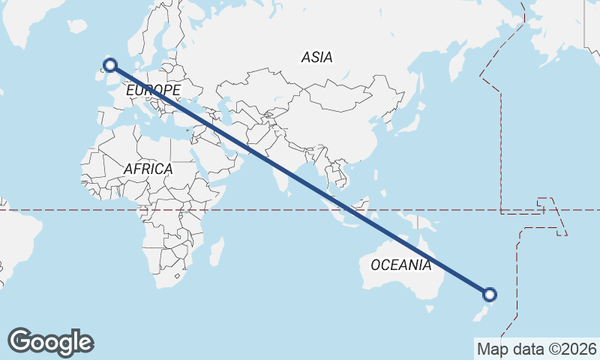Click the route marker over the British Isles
click(x=111, y=65)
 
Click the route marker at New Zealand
click(x=489, y=295)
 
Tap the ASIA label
click(x=316, y=57)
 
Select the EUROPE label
click(x=153, y=91)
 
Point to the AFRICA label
click(x=148, y=169)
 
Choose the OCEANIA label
click(x=401, y=265)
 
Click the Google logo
click(x=50, y=342)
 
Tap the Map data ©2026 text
click(x=536, y=349)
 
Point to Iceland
click(x=77, y=27)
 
